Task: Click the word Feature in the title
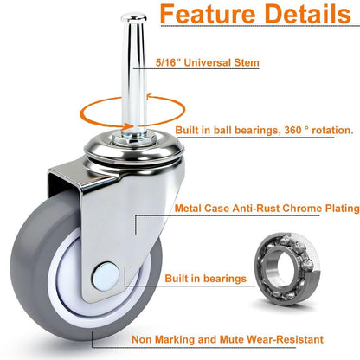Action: click(x=208, y=14)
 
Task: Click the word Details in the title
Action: click(x=308, y=14)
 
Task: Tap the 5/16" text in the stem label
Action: click(x=166, y=62)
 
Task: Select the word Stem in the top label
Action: click(x=247, y=62)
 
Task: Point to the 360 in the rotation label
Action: click(x=292, y=131)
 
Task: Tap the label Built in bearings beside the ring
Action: click(x=206, y=279)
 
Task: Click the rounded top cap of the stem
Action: click(x=134, y=17)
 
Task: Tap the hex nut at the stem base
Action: click(x=134, y=140)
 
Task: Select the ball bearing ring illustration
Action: click(x=287, y=269)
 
